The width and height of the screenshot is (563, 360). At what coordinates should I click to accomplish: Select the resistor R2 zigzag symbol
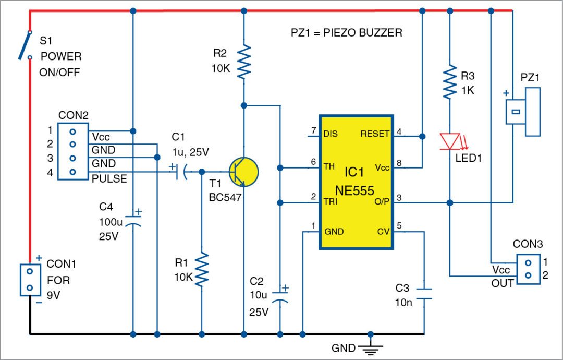pyautogui.click(x=243, y=62)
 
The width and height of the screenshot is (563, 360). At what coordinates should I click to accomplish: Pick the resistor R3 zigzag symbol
pyautogui.click(x=449, y=81)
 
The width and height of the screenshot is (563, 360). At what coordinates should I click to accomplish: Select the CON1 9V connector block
pyautogui.click(x=30, y=280)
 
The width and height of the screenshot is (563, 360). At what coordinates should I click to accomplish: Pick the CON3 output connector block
pyautogui.click(x=528, y=269)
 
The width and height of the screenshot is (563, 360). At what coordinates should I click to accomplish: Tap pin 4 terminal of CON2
pyautogui.click(x=73, y=172)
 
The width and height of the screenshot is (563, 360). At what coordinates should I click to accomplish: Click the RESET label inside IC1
pyautogui.click(x=374, y=134)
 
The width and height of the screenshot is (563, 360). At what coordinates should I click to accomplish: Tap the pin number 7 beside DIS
pyautogui.click(x=313, y=130)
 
